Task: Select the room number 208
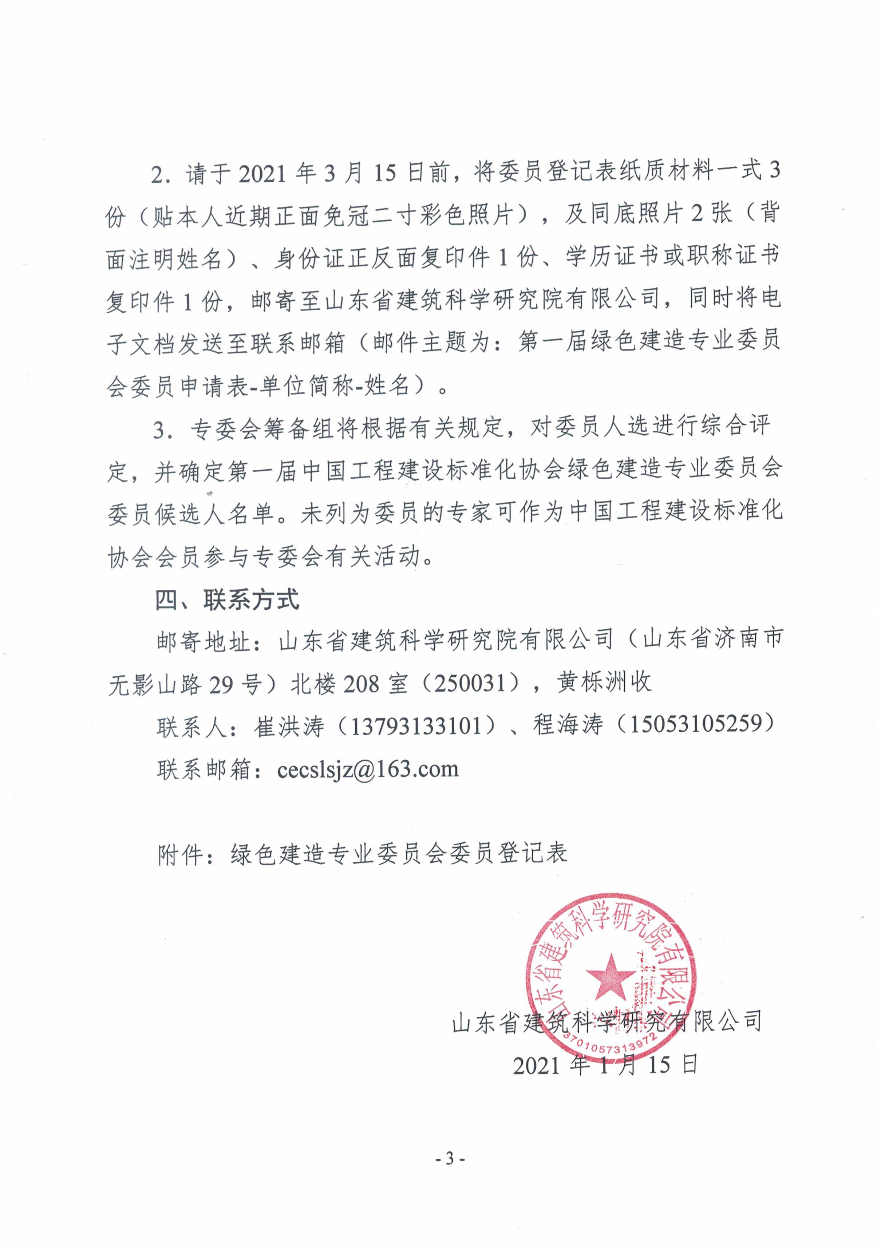[x=362, y=683]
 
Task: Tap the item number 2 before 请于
[x=158, y=174]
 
